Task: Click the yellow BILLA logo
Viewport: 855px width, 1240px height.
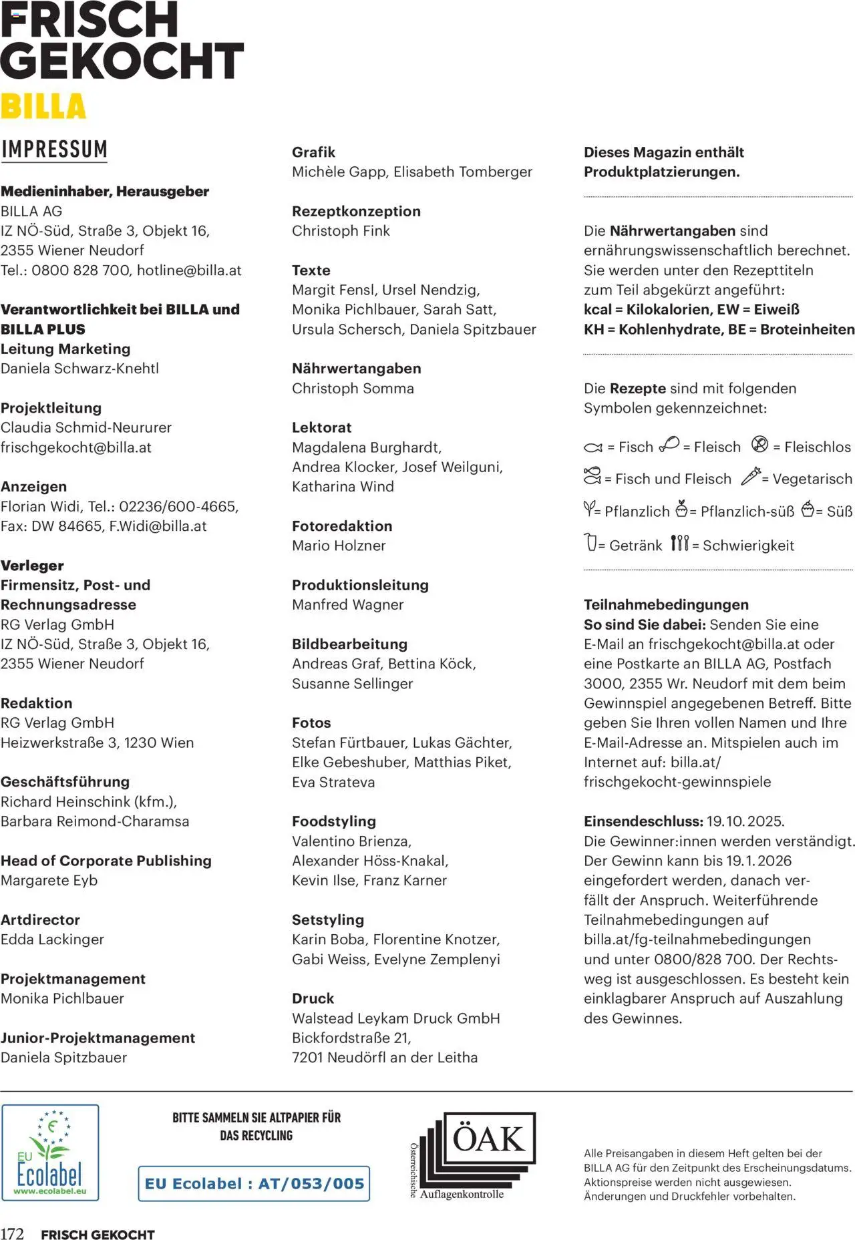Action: [43, 107]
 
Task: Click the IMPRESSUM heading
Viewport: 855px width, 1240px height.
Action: [54, 149]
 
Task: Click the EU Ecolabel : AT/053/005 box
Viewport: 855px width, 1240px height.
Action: [254, 1183]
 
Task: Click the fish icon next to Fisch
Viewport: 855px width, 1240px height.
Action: [592, 447]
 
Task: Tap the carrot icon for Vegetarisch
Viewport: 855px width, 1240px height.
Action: [751, 476]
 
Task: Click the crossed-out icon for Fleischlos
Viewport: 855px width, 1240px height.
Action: [759, 444]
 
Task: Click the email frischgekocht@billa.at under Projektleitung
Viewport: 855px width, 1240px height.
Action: [76, 447]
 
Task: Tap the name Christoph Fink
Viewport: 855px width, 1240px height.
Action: [341, 231]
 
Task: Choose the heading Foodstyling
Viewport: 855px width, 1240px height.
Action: [334, 821]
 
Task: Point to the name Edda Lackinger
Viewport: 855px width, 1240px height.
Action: [52, 940]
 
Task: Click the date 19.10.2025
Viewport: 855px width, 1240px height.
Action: [745, 821]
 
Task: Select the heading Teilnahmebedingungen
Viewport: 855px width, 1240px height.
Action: [666, 605]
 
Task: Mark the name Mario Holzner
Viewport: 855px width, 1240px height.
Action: [339, 546]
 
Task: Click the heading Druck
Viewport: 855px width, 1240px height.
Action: [313, 998]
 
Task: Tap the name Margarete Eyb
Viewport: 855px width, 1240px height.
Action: [49, 880]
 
